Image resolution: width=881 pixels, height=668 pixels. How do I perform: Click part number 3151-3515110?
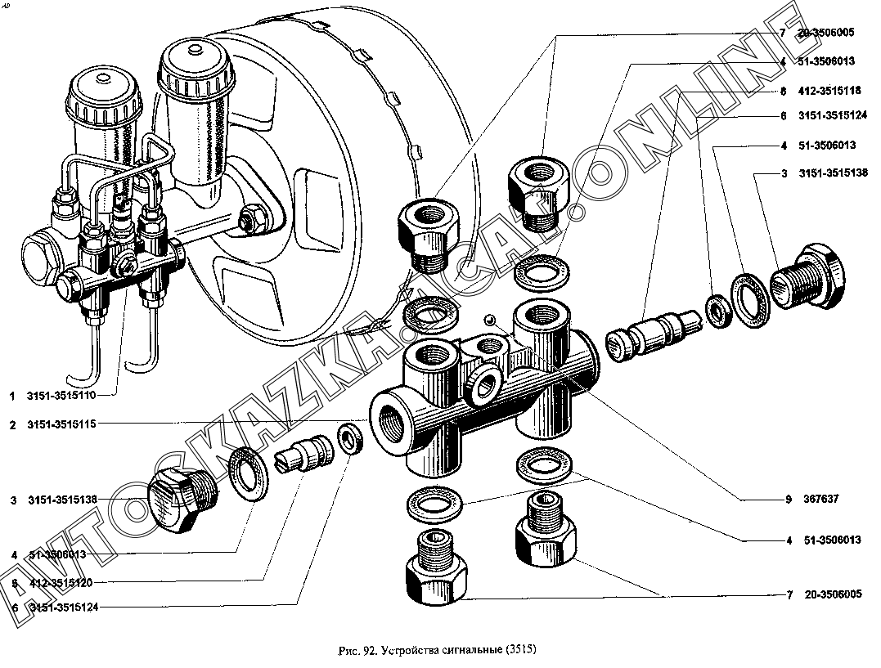(61, 396)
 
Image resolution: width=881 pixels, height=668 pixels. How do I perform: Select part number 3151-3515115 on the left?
(61, 424)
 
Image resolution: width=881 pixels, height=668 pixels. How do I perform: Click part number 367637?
(822, 499)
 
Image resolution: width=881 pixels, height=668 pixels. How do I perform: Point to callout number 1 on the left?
(13, 396)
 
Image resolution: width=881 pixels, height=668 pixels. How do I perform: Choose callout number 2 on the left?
(13, 424)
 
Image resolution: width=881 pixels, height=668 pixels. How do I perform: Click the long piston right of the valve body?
(650, 333)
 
